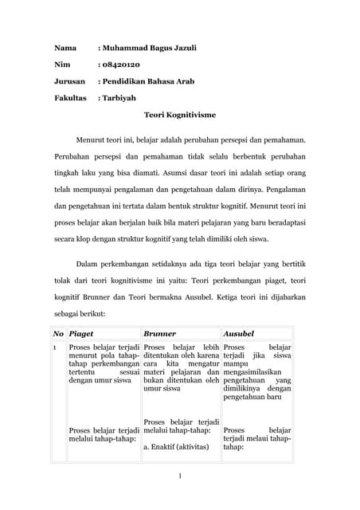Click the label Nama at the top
(x=65, y=48)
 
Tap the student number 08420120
(x=120, y=65)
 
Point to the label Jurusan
(x=69, y=81)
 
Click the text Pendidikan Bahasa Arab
(x=147, y=81)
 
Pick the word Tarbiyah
(x=119, y=98)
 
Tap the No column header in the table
(x=58, y=332)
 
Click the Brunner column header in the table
(x=159, y=332)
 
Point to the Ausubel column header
(x=238, y=332)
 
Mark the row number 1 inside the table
(x=55, y=349)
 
